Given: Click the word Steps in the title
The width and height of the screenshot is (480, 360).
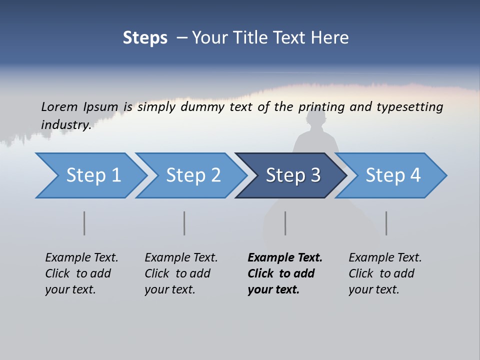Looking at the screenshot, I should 145,37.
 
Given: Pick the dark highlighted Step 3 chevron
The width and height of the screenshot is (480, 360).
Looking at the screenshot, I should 292,175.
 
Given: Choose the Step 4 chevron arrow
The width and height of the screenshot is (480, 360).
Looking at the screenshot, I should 392,175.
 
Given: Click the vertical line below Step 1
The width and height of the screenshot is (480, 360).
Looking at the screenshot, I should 84,223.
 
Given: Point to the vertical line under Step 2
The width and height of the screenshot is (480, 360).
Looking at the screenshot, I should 184,223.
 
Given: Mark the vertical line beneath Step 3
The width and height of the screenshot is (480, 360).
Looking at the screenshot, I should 285,223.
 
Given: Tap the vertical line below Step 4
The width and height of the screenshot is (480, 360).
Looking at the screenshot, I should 386,223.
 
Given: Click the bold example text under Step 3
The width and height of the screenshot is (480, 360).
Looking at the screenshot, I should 285,273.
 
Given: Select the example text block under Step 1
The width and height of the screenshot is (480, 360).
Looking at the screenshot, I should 81,273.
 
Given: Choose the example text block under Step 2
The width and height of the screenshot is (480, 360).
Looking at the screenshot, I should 181,273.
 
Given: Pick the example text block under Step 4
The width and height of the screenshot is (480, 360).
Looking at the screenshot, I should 385,273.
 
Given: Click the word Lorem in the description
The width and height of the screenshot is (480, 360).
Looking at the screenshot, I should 59,106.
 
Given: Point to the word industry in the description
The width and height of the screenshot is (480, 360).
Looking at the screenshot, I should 65,124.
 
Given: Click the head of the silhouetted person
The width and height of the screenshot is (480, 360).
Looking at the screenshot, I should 316,120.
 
